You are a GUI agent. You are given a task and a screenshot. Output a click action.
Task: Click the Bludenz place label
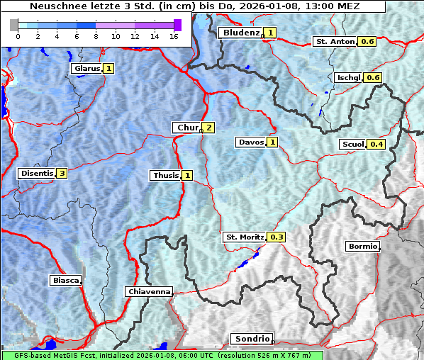point(240,33)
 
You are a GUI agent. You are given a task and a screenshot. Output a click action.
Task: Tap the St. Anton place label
point(335,42)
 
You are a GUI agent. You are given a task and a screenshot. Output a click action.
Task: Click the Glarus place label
point(86,69)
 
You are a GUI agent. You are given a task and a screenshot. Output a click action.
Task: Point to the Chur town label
point(186,128)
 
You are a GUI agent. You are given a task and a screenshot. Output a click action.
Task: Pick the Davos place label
point(251,142)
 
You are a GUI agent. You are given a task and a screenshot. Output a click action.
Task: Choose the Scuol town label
point(352,145)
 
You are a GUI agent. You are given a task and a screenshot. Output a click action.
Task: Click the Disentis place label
point(36,173)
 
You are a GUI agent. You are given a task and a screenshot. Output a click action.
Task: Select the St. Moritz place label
point(244,237)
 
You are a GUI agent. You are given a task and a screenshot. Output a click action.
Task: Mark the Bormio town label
point(362,247)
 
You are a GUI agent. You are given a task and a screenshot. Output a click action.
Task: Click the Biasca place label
point(65,281)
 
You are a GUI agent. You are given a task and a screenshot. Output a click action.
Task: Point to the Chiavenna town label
point(149,291)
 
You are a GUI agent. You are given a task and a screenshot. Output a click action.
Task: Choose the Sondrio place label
point(251,339)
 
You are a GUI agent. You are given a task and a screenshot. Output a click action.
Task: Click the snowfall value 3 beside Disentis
point(62,173)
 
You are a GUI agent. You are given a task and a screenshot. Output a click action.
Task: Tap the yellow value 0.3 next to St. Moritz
point(277,237)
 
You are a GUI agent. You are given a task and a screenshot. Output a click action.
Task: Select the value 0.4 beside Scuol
point(376,145)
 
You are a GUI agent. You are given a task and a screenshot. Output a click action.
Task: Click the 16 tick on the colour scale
point(173,36)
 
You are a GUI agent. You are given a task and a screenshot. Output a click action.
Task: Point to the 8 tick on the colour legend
point(96,36)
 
